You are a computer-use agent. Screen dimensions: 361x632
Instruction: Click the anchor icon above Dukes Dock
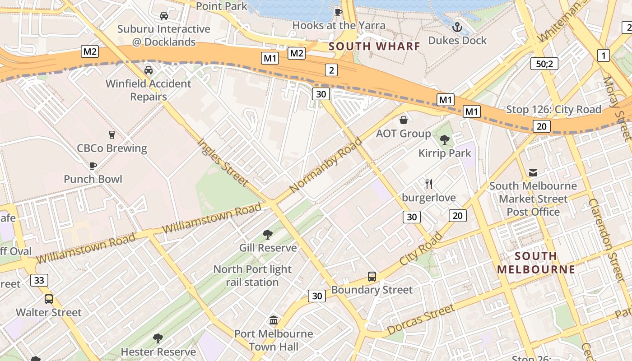pos(457,27)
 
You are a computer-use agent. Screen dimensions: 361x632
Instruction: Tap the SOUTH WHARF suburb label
pos(374,46)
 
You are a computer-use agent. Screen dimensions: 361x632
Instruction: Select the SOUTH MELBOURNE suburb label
pos(536,263)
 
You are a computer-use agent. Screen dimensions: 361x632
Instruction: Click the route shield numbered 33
pos(39,280)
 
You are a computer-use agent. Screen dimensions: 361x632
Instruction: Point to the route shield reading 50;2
pos(544,64)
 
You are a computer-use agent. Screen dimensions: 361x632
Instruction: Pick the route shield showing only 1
pos(603,56)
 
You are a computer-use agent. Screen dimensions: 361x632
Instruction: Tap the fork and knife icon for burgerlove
pos(429,184)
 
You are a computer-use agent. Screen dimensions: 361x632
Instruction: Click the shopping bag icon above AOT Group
pos(403,120)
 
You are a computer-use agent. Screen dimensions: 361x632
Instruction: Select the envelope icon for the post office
pos(533,172)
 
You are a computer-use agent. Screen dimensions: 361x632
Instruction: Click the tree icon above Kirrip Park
pos(445,140)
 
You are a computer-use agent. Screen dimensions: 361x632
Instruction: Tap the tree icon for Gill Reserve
pos(267,234)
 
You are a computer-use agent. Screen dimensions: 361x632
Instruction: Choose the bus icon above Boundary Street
pos(372,276)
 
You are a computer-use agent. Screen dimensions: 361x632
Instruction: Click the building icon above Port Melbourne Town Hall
pos(274,320)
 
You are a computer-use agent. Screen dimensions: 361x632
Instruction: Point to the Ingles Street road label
pos(223,162)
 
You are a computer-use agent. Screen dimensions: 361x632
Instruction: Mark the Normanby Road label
pos(326,165)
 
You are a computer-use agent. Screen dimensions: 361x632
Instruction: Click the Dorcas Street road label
pos(420,320)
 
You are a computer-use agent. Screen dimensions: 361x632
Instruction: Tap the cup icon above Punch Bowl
pos(93,166)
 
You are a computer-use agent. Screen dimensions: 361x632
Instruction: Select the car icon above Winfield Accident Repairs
pos(148,70)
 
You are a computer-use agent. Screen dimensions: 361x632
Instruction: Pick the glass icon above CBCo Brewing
pos(112,134)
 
